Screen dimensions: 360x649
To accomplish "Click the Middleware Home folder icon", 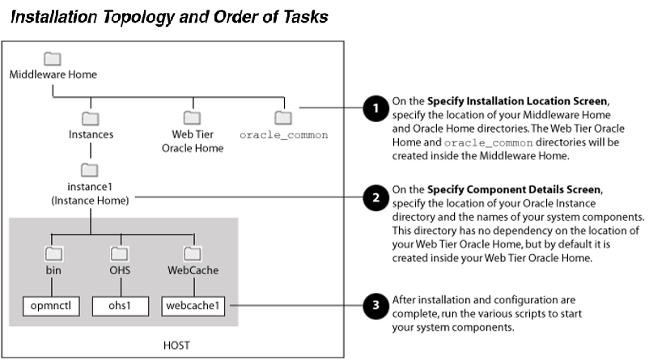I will tap(53, 58).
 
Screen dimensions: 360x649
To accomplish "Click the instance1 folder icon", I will tap(91, 171).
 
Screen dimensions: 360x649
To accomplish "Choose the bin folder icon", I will tap(53, 253).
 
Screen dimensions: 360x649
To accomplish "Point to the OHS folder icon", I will tap(119, 253).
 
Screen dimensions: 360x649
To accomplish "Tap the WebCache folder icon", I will tap(193, 253).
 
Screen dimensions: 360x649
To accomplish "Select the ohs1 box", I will tap(119, 306).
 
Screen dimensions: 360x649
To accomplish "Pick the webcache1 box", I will tap(193, 306).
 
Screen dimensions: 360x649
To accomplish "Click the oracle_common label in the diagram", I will tap(282, 134).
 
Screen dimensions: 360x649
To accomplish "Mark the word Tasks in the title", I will tap(301, 17).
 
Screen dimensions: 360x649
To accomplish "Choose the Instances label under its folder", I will tap(91, 134).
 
